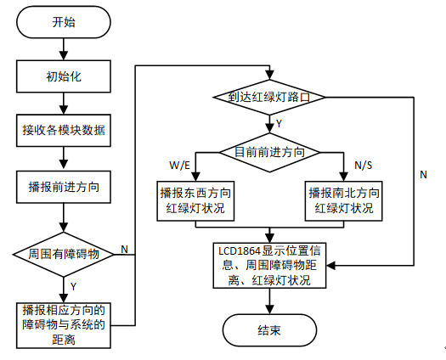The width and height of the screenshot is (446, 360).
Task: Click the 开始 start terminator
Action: point(64,22)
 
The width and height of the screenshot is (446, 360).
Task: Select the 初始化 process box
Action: point(64,76)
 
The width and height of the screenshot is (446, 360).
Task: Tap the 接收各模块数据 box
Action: point(64,131)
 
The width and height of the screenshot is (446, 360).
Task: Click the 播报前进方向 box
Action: point(64,187)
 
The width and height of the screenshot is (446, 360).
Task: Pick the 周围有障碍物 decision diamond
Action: point(64,254)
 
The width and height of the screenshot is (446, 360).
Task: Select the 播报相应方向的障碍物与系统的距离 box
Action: point(64,325)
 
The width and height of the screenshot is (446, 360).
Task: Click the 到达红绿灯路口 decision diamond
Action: point(269,98)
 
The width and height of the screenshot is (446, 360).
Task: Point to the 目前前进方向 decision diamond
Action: point(269,153)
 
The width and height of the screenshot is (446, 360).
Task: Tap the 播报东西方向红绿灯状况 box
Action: point(195,200)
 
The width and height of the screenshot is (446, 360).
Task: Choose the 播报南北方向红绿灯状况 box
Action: point(343,200)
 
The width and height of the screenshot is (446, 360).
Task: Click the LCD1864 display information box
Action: point(269,265)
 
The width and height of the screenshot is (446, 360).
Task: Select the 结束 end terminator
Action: point(269,330)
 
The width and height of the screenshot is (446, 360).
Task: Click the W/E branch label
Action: point(179,166)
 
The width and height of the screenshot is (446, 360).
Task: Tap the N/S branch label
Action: point(364,166)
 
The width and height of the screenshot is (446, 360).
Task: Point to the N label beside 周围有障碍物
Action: point(124,250)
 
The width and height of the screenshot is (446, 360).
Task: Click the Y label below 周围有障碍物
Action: point(73,287)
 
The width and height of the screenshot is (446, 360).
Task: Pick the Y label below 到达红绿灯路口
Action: point(279,124)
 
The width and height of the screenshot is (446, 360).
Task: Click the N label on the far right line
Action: point(423,175)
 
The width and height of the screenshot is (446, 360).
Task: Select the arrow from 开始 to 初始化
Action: point(64,49)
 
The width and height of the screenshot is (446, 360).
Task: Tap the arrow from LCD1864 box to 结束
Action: point(269,301)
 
